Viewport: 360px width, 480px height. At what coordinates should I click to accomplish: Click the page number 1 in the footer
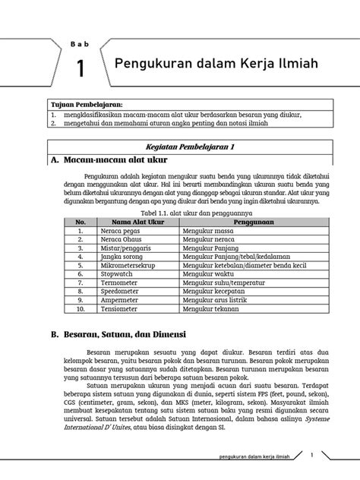(313, 455)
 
